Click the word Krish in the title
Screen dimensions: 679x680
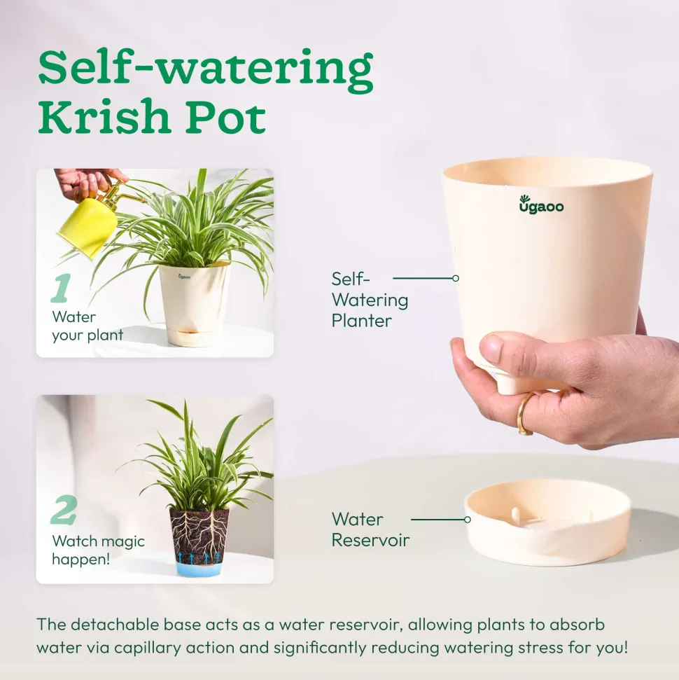[x=104, y=116]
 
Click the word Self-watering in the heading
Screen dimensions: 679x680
[x=206, y=69]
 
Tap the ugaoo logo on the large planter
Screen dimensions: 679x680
[x=541, y=204]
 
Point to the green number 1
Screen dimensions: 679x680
[x=61, y=288]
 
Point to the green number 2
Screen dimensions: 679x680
[x=64, y=510]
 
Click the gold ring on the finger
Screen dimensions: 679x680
[x=524, y=413]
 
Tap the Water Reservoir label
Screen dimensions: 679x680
[x=370, y=529]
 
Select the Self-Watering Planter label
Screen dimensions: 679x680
[x=370, y=300]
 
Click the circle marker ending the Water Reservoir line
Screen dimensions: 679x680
[x=468, y=520]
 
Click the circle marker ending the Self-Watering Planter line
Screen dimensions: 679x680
[x=456, y=279]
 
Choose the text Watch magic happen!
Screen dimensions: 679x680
[x=99, y=550]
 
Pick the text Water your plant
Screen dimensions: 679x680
[x=87, y=326]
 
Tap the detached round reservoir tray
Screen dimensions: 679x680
[x=547, y=522]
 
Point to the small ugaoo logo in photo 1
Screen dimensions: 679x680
[x=184, y=276]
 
